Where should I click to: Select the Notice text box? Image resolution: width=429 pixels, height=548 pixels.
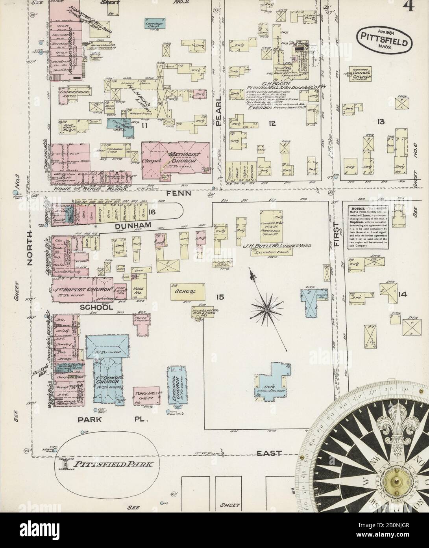(368, 226)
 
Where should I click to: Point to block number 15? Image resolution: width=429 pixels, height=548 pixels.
(219, 296)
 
